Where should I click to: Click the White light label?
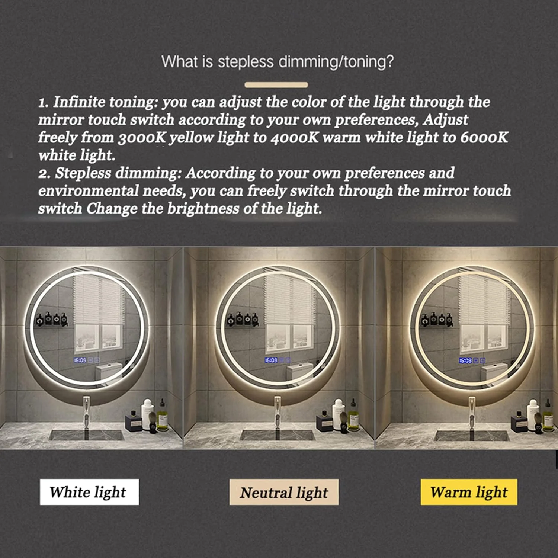coord(89,492)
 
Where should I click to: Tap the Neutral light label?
coord(284,492)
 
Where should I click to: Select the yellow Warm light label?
coord(469,492)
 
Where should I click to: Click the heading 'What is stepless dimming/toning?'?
coord(278,61)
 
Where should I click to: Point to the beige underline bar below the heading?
coord(276,85)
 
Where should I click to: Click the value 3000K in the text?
coord(142,138)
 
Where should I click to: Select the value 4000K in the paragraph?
coord(295,138)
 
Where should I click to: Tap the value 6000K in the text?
coord(484,138)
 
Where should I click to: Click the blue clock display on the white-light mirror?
coord(80,360)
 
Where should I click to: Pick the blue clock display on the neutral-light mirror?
coord(271,360)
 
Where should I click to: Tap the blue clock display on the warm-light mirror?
coord(465,360)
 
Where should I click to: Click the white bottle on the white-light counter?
coord(147,414)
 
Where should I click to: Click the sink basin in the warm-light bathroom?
coord(472,435)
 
